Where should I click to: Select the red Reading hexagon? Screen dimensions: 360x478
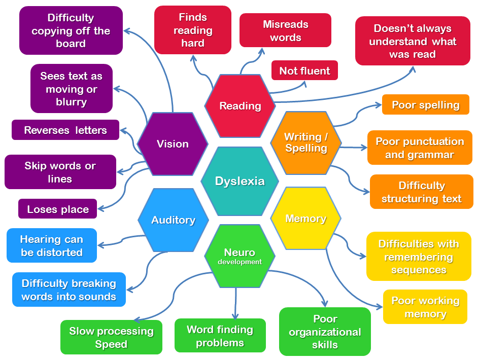[240, 106]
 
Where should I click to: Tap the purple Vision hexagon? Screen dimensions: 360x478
[173, 144]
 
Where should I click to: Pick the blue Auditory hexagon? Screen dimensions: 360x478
[173, 220]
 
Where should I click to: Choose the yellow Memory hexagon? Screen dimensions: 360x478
[305, 219]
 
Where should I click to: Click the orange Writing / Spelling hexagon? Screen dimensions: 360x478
[306, 143]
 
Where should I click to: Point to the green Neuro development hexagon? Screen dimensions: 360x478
[240, 257]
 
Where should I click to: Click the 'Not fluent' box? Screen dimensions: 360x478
[304, 71]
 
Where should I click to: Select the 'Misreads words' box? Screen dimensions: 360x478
[285, 30]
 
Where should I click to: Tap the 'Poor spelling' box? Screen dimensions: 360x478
[425, 105]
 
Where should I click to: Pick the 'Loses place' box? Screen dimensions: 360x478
[58, 209]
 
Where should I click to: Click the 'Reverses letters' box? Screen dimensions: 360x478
[65, 130]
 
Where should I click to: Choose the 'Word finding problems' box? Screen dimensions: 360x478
[220, 336]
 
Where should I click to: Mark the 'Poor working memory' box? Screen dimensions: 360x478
[425, 307]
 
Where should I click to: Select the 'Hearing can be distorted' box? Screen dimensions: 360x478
[52, 245]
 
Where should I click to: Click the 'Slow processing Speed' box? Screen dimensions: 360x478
[111, 337]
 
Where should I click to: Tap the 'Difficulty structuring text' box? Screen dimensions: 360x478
[421, 192]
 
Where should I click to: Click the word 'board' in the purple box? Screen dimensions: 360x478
[71, 44]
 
